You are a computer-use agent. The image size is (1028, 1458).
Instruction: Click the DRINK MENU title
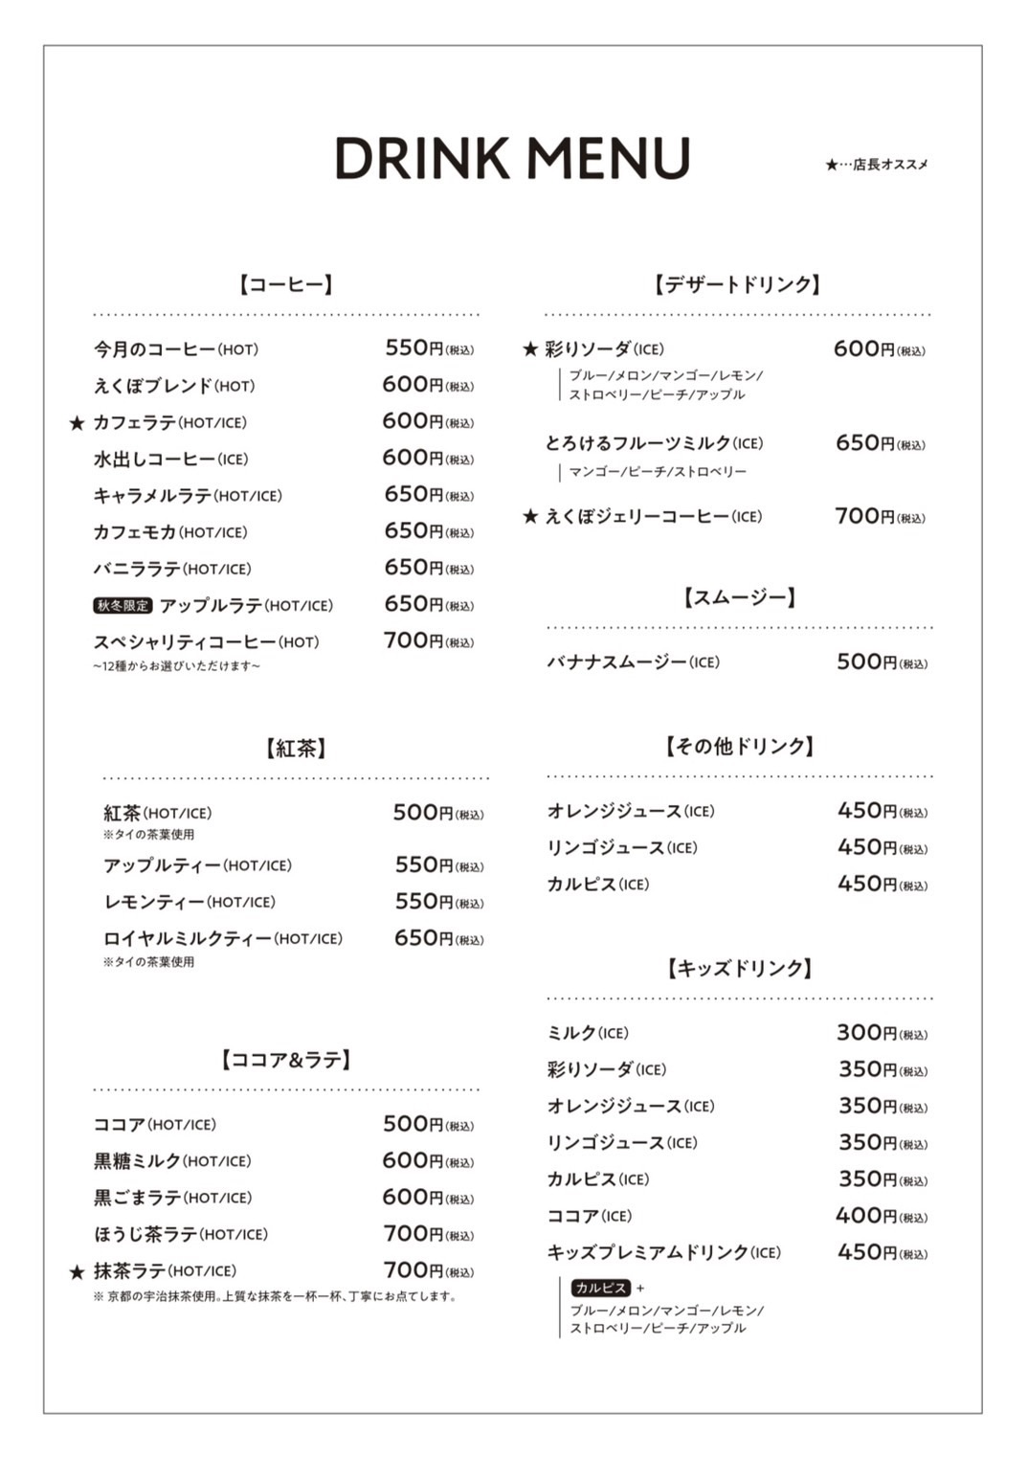[x=512, y=159]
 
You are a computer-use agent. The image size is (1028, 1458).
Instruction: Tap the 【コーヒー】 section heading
[x=286, y=284]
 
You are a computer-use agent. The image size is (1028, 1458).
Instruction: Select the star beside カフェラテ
[x=78, y=423]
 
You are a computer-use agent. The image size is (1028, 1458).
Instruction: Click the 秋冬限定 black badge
[x=123, y=606]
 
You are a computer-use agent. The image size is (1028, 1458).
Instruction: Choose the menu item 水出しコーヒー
[x=154, y=460]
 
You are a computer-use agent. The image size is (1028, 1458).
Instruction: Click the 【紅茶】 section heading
[x=296, y=749]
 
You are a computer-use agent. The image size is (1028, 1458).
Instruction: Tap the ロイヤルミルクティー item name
[x=188, y=939]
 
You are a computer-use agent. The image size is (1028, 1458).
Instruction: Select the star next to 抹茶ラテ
[x=78, y=1272]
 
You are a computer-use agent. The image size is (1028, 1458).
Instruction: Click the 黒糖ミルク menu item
[x=137, y=1161]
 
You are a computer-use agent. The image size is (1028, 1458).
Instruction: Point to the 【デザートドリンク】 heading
[x=737, y=284]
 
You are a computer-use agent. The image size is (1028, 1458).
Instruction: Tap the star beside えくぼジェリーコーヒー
[x=530, y=517]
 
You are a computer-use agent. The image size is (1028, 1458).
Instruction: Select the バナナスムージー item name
[x=616, y=662]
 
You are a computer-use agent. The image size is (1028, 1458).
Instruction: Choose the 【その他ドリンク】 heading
[x=739, y=747]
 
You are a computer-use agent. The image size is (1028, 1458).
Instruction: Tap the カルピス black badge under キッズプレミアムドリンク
[x=600, y=1289]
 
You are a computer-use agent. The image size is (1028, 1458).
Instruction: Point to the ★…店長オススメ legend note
[x=876, y=165]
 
